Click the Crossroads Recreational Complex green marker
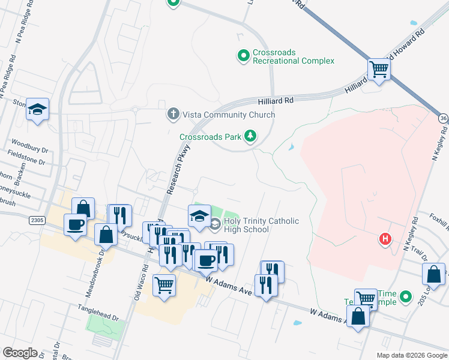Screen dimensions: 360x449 click(x=243, y=56)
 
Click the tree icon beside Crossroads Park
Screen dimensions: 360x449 click(x=250, y=137)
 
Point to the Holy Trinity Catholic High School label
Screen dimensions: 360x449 click(x=261, y=226)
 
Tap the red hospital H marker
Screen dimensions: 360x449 click(x=385, y=240)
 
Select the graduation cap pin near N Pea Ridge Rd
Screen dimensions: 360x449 click(x=37, y=109)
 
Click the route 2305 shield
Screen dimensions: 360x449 click(x=37, y=221)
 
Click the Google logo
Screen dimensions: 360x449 click(x=20, y=353)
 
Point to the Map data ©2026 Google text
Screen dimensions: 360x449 click(x=411, y=355)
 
